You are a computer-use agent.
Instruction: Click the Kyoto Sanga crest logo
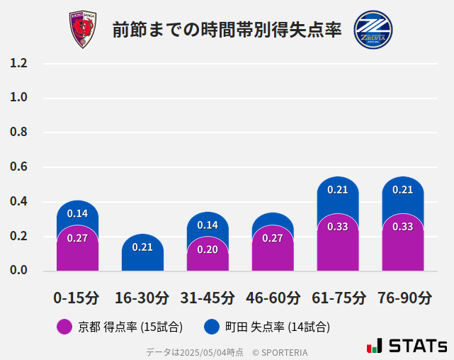click(82, 30)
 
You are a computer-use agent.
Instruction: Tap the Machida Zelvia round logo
click(373, 30)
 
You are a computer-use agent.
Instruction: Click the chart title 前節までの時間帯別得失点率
click(227, 30)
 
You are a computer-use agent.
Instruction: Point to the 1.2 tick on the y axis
click(18, 63)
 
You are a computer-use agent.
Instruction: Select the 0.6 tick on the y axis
click(18, 167)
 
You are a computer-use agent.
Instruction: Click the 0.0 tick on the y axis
click(18, 271)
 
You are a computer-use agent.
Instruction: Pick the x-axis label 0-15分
click(77, 298)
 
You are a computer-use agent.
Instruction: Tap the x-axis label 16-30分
click(142, 298)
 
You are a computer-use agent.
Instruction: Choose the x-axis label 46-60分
click(273, 298)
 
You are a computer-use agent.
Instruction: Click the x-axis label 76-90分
click(403, 298)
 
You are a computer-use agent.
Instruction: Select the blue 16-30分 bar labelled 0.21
click(142, 247)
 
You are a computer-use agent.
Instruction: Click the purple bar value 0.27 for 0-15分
click(77, 238)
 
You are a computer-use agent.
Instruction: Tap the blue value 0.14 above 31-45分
click(208, 225)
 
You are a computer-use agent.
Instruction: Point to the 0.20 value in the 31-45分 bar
click(208, 249)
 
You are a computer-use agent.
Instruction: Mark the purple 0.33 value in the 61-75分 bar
click(338, 227)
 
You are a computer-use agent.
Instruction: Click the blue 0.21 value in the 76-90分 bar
click(403, 190)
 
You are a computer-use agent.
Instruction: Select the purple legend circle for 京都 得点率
click(64, 327)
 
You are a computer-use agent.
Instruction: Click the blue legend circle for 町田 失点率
click(211, 327)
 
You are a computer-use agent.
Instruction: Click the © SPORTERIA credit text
click(280, 351)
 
